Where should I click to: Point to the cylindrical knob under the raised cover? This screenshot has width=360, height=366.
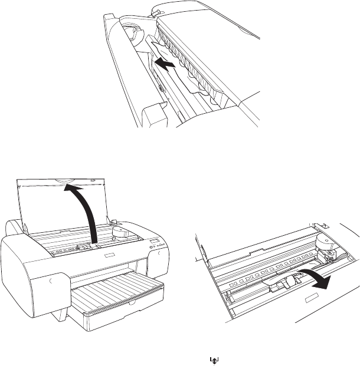click(x=121, y=231)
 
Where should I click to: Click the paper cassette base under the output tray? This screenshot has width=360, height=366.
click(x=118, y=315)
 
